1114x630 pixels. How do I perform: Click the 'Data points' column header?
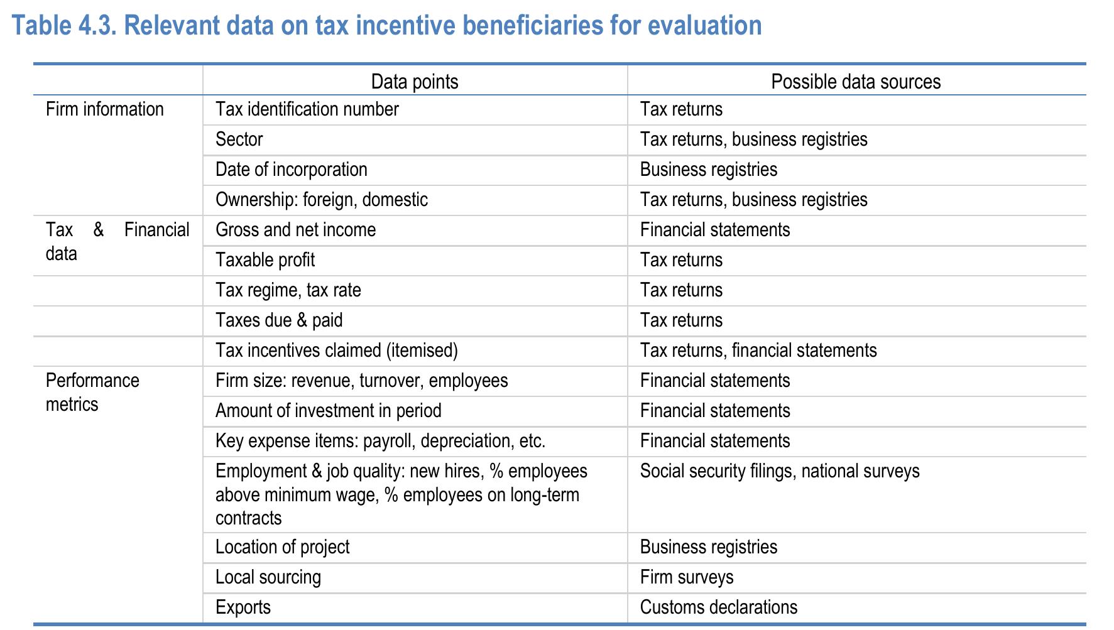click(415, 82)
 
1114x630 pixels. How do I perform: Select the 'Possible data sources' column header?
click(856, 82)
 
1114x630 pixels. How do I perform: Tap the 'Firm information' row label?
click(105, 109)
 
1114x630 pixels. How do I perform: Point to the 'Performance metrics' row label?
click(92, 392)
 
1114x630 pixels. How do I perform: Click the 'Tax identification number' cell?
click(307, 109)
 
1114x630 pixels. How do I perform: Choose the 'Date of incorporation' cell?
click(292, 170)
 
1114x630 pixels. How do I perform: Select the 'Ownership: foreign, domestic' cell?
click(322, 200)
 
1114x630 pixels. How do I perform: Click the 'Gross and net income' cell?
click(296, 230)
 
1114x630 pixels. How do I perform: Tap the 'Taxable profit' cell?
click(265, 260)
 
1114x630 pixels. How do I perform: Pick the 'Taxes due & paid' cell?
click(279, 320)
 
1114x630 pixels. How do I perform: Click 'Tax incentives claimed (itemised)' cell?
click(337, 350)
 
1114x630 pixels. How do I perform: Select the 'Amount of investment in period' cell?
click(329, 411)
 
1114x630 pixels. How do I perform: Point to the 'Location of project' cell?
click(283, 547)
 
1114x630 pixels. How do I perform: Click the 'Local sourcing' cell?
click(268, 577)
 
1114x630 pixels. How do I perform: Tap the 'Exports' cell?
click(243, 607)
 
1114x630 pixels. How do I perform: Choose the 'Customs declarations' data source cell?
click(719, 607)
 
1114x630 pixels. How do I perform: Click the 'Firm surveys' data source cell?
click(687, 577)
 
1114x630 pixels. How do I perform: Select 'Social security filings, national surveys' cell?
click(780, 471)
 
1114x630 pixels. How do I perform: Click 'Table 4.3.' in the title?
click(65, 26)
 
